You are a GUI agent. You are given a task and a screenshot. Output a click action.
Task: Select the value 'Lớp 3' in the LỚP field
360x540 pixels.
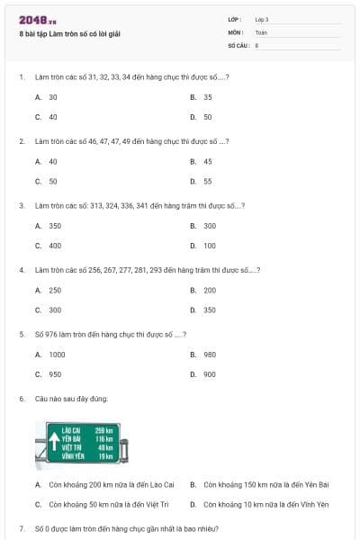pos(262,19)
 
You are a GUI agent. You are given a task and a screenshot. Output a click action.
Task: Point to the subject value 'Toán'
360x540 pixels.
pos(261,31)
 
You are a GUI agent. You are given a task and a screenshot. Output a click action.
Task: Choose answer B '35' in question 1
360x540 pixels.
pos(207,96)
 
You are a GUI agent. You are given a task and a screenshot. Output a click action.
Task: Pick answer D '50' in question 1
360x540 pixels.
pos(207,117)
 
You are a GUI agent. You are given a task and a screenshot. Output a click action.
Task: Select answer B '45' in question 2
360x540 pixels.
pos(207,161)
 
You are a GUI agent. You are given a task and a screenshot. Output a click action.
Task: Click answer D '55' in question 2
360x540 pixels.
pos(207,181)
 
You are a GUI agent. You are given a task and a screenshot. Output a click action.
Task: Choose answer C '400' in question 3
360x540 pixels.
pos(55,246)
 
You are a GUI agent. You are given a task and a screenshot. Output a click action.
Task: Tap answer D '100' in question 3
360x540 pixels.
pos(209,246)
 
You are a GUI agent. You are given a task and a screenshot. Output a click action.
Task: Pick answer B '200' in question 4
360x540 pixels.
pos(209,290)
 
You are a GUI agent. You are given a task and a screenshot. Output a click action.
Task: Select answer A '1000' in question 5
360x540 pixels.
pos(57,355)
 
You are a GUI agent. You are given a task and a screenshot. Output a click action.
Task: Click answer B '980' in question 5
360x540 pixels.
pos(209,355)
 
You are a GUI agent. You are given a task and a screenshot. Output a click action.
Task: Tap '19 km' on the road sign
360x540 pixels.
pos(105,456)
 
